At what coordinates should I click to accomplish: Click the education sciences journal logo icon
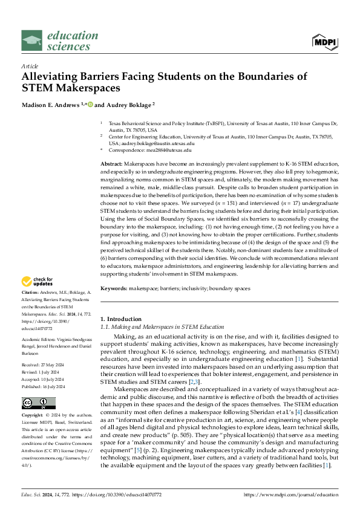32,42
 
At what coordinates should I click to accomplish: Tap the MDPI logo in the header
324,42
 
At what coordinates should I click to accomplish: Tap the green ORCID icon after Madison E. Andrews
91,104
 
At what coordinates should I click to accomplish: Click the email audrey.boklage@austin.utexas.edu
163,144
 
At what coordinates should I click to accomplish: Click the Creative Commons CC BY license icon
39,386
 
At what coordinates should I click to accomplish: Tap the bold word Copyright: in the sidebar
34,400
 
